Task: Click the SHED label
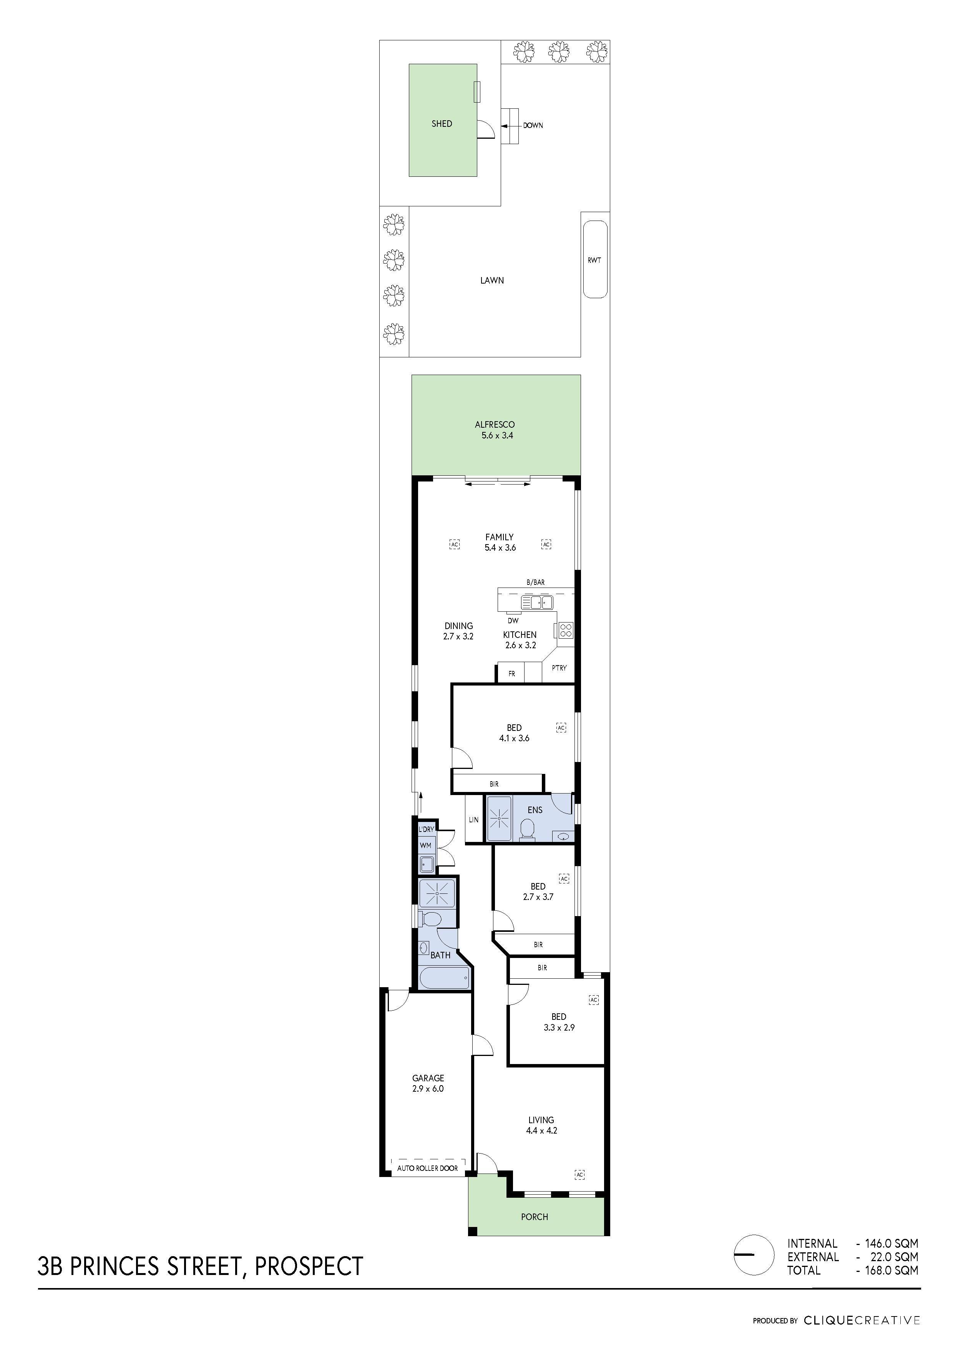[x=442, y=123]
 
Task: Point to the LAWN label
[x=491, y=281]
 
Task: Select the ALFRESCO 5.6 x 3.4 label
[x=495, y=430]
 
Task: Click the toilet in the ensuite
[x=527, y=829]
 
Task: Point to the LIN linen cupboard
[x=473, y=820]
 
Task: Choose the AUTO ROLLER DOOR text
[x=427, y=1168]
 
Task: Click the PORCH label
[x=535, y=1212]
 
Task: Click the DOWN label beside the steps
[x=533, y=125]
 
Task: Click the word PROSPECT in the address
[x=309, y=1265]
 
